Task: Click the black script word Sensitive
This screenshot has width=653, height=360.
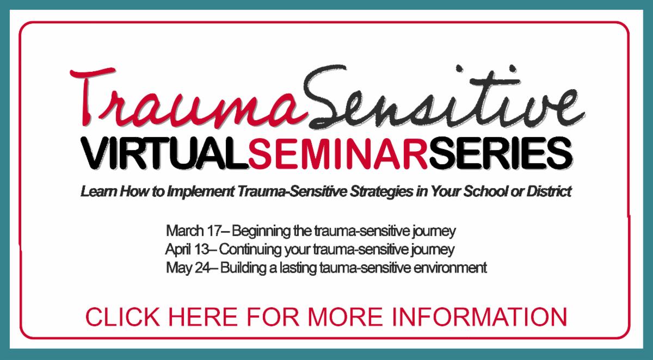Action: (443, 97)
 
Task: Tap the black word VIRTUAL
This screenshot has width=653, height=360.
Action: (165, 153)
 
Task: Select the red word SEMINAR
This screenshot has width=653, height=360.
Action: (338, 153)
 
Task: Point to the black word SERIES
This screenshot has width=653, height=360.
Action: (501, 153)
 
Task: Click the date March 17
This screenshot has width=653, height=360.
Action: (194, 231)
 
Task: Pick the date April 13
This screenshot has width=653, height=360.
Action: (187, 250)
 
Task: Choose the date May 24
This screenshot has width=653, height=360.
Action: (188, 268)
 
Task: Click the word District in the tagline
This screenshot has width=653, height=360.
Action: (549, 191)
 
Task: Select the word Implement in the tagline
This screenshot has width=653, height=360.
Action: (200, 192)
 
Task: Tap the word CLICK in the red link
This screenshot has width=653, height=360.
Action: (123, 317)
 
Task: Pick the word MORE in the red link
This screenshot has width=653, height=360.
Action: (344, 317)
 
